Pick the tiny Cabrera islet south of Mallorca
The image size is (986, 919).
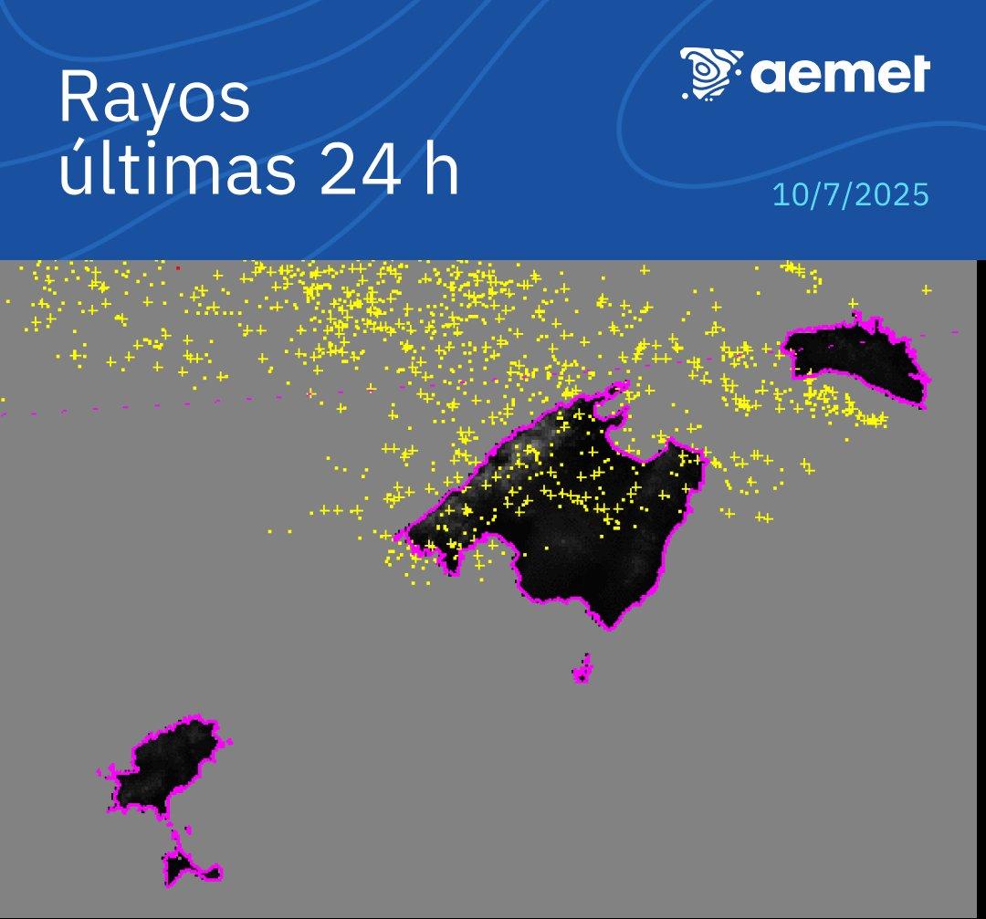pos(582,671)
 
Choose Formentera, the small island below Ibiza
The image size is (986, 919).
pos(187,867)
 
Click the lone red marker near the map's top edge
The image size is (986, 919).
pos(177,267)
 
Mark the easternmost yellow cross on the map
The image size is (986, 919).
pos(926,290)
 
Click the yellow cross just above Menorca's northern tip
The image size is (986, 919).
pos(853,304)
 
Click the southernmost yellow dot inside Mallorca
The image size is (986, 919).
pos(547,548)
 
